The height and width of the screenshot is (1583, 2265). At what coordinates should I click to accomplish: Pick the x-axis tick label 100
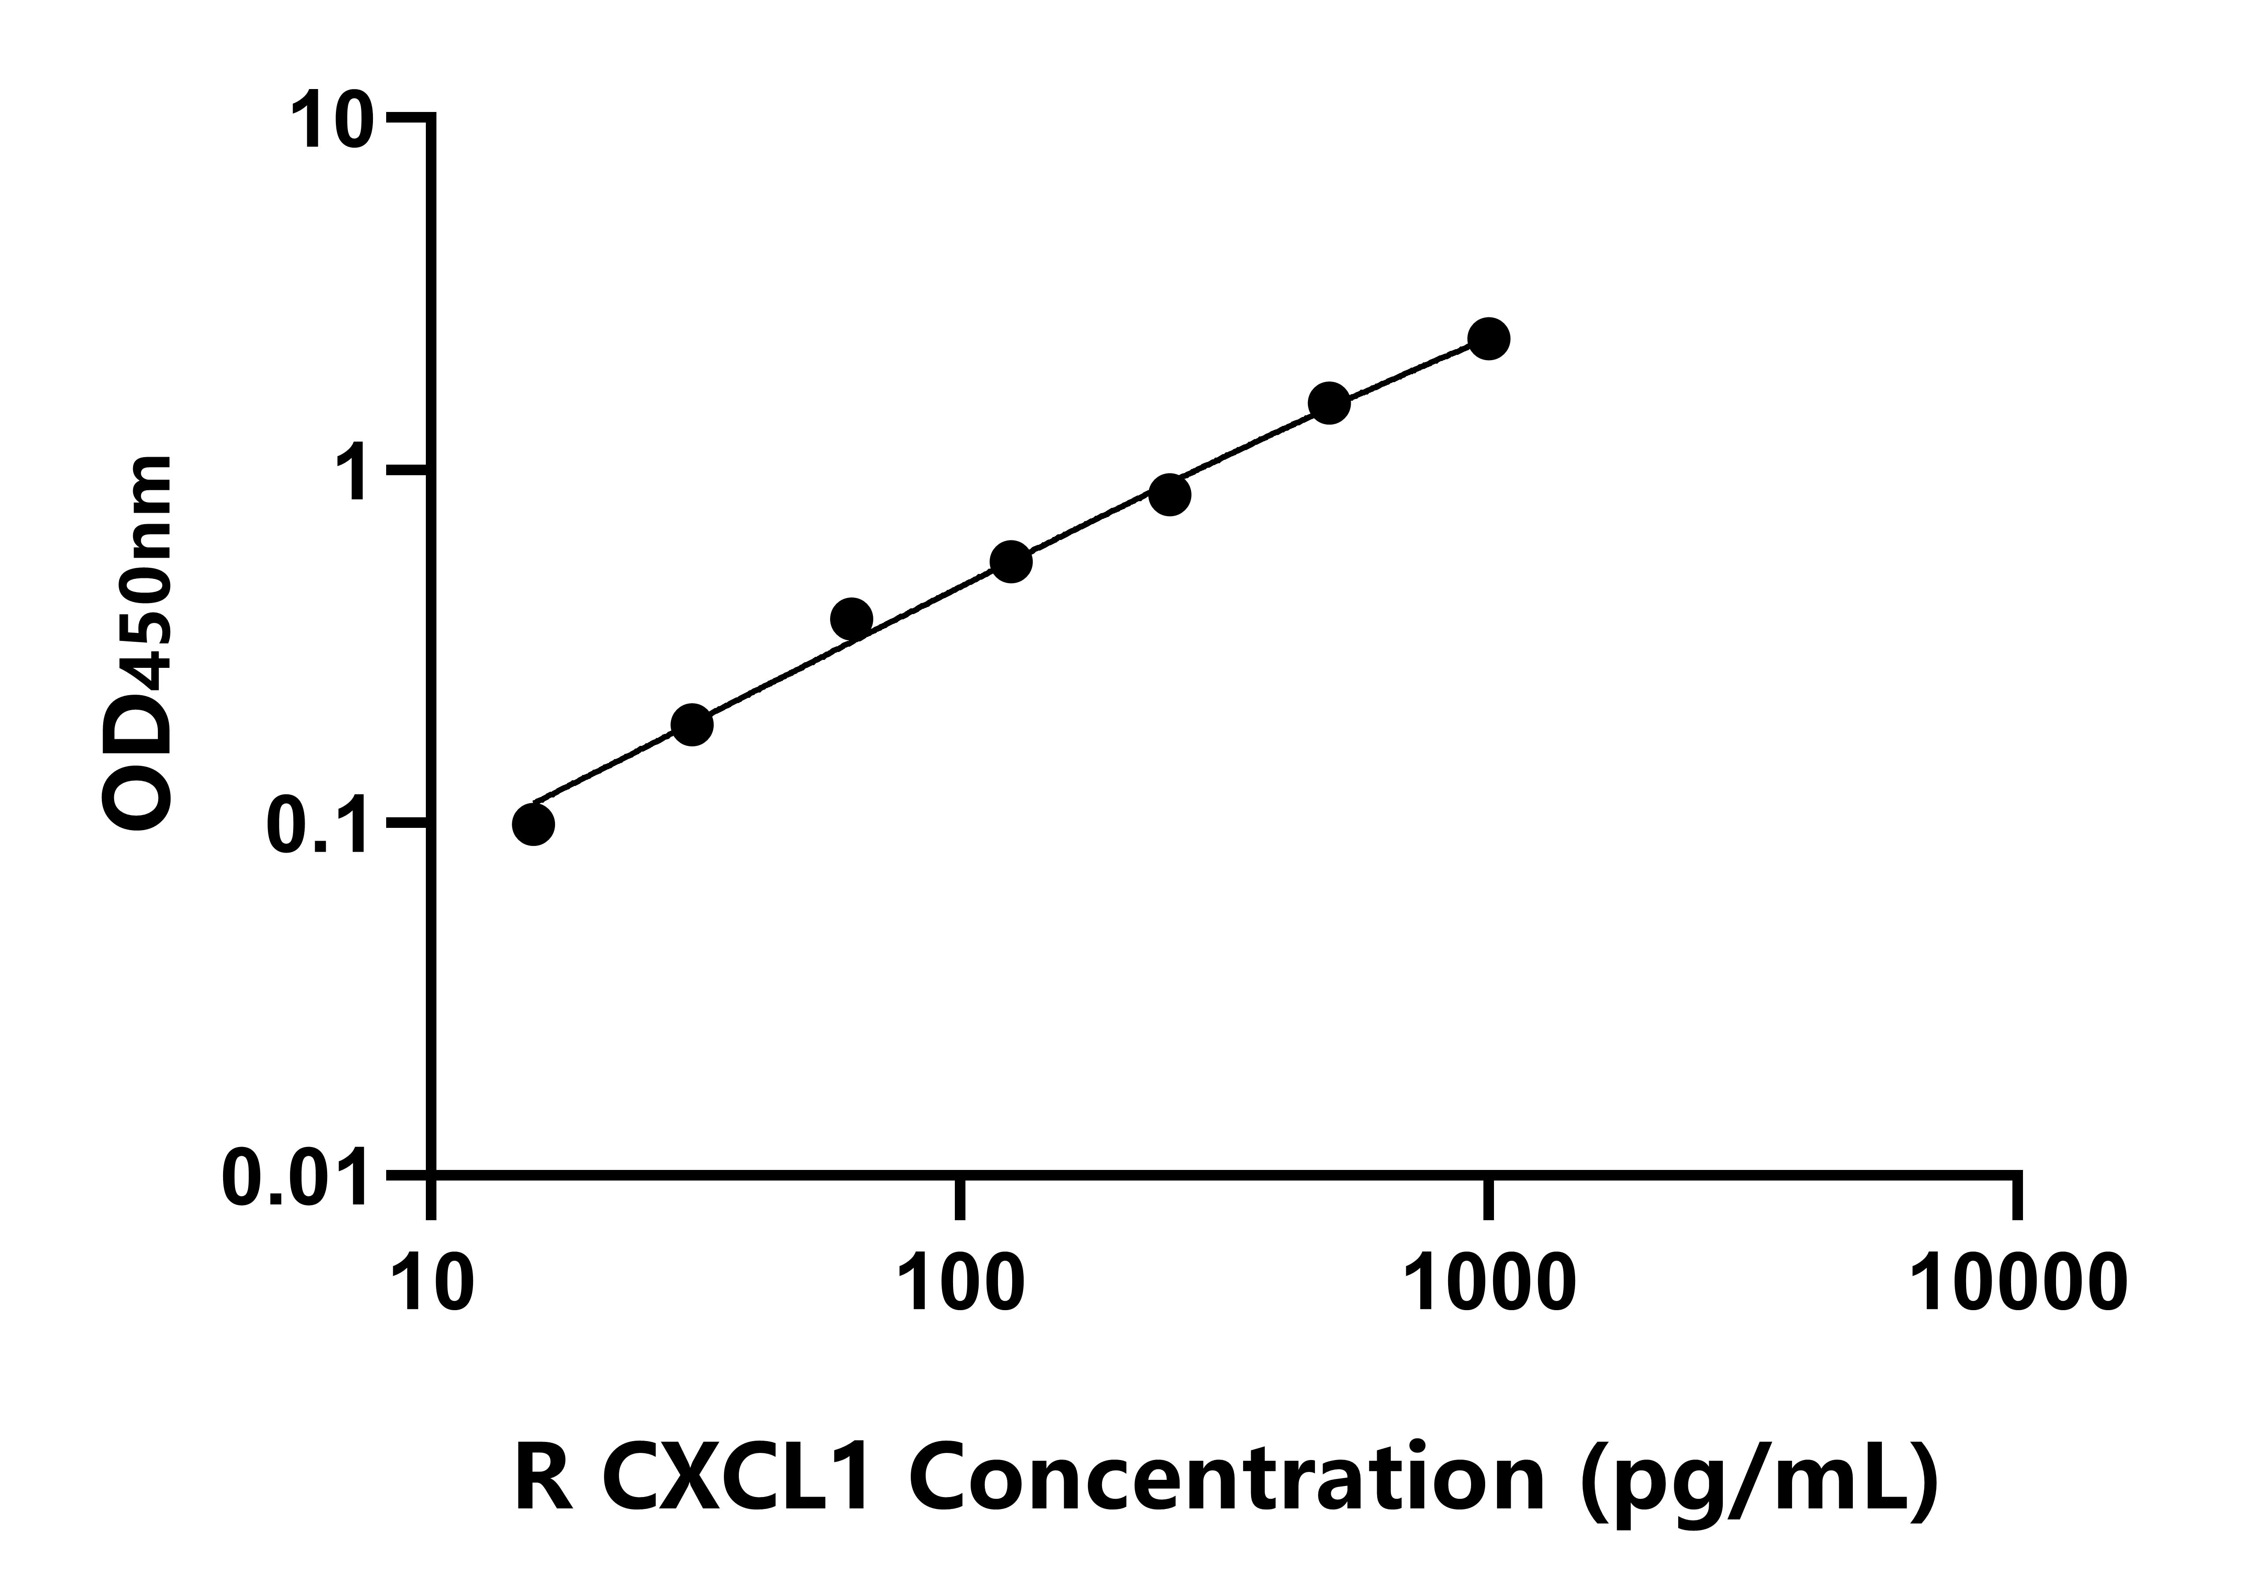[x=960, y=1284]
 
